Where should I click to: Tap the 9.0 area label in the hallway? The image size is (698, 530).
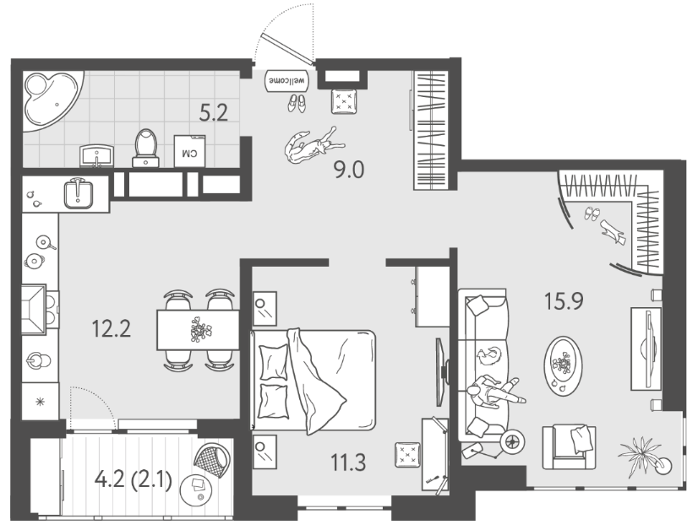pos(350,170)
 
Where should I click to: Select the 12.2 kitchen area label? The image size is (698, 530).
pos(111,329)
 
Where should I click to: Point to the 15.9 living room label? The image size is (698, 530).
pos(564,301)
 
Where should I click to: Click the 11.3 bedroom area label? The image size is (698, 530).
pos(348,462)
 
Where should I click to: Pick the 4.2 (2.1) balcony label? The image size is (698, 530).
pos(134,481)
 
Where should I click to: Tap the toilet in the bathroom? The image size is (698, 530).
pos(145,148)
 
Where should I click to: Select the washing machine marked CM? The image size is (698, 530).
pos(189,151)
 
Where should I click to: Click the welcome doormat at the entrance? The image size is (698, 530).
pos(286,81)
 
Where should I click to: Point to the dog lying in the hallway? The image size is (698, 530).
pos(313,145)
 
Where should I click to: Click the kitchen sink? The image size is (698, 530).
pos(79,193)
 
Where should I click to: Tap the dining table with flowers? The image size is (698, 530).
pos(198,329)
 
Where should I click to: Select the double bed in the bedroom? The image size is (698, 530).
pos(314,380)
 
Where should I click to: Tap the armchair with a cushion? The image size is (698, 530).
pos(569,446)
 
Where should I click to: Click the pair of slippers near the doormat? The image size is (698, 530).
pos(297,104)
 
